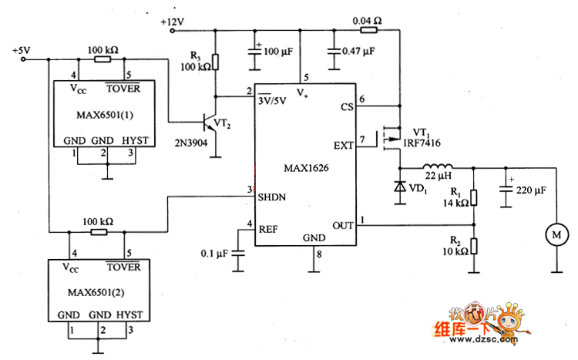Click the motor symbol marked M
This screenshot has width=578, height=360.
555,230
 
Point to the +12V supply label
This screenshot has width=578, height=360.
173,22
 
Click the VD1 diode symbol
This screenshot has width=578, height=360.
400,187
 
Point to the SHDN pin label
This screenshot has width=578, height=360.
273,196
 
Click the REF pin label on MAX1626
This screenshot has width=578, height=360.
269,229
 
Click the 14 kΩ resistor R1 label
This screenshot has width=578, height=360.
455,204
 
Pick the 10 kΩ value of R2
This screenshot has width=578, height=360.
455,251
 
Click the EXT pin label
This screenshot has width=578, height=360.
344,146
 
